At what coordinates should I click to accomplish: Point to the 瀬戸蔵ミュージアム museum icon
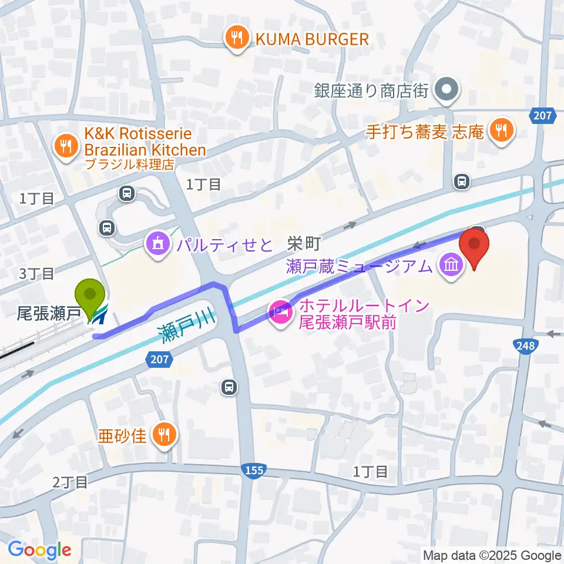451,267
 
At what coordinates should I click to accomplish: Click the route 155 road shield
253,470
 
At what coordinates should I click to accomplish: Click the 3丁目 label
36,273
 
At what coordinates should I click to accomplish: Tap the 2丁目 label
70,482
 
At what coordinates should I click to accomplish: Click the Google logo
39,549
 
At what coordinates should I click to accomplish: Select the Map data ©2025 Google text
492,555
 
